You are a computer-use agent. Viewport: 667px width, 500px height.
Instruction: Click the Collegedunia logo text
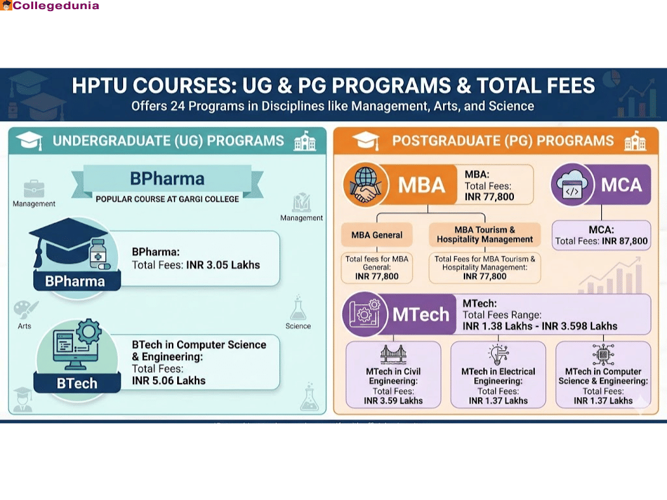[x=55, y=6]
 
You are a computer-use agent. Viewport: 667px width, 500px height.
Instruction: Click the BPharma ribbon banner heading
[x=167, y=178]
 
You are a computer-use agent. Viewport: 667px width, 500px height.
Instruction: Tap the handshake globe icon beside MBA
[x=364, y=185]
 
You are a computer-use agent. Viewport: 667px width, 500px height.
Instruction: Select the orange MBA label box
[x=421, y=185]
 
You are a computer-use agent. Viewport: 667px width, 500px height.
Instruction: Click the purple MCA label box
[x=621, y=185]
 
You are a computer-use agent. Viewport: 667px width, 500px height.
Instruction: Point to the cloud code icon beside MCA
[x=572, y=185]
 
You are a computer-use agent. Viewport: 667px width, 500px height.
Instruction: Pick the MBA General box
[x=376, y=234]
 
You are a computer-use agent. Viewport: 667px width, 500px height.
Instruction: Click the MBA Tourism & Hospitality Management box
[x=485, y=234]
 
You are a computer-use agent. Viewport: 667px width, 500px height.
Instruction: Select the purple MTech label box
[x=420, y=314]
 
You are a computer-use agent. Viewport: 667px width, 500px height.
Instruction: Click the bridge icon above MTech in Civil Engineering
[x=393, y=355]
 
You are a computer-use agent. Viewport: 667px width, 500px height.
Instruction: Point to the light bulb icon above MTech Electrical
[x=498, y=355]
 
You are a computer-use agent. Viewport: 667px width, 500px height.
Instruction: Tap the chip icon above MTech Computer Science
[x=603, y=355]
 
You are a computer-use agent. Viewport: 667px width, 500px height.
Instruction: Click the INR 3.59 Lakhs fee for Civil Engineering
[x=393, y=401]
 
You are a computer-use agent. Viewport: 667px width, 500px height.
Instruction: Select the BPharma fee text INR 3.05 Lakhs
[x=223, y=265]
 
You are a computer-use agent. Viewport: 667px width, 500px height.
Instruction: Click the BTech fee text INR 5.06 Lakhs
[x=169, y=380]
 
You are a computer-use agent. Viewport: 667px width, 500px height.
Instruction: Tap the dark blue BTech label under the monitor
[x=77, y=383]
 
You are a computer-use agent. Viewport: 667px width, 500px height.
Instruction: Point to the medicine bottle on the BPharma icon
[x=98, y=255]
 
